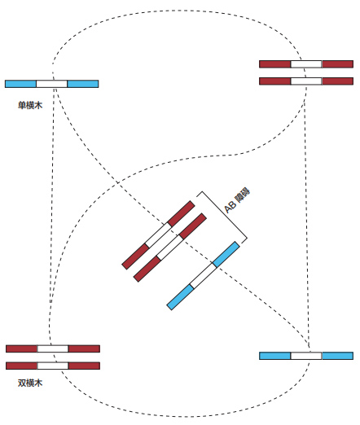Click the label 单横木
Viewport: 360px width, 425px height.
pos(30,105)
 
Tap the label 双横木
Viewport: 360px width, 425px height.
pos(30,383)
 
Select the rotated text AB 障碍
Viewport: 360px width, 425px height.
pos(237,200)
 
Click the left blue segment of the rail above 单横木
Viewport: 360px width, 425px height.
pos(20,84)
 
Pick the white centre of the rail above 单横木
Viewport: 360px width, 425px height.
pos(52,84)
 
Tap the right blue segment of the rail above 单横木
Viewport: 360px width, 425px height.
pos(83,84)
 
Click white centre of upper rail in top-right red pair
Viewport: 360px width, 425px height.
pos(306,64)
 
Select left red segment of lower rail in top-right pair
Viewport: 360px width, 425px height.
pos(275,81)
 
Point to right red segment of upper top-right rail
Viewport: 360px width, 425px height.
pos(337,64)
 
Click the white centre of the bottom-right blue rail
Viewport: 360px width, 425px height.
pos(306,356)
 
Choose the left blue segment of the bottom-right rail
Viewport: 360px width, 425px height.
pos(275,356)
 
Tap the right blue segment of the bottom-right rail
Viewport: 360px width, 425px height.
pos(337,356)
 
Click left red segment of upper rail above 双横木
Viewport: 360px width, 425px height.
pos(22,348)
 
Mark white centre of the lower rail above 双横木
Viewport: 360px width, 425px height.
pos(53,366)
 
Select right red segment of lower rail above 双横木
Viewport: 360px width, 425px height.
pos(84,366)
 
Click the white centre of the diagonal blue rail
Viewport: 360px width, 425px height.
pos(203,276)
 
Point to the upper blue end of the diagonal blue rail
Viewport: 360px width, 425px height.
pos(226,254)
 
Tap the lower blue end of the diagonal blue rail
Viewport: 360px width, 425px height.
pos(180,297)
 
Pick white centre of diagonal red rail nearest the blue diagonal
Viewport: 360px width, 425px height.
pos(170,248)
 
